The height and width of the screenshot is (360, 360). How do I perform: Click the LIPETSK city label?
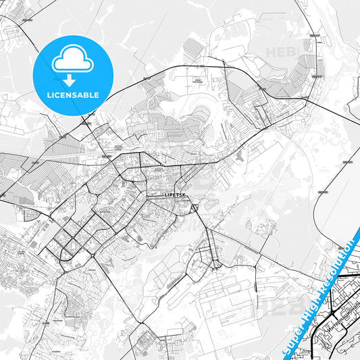(175, 195)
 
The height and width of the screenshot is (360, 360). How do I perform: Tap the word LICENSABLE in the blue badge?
(73, 95)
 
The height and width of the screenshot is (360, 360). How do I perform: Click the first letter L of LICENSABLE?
(47, 95)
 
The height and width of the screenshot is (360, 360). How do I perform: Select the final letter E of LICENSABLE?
(98, 95)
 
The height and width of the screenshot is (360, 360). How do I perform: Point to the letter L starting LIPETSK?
(165, 195)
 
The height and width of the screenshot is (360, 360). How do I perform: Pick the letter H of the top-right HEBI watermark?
(269, 51)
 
